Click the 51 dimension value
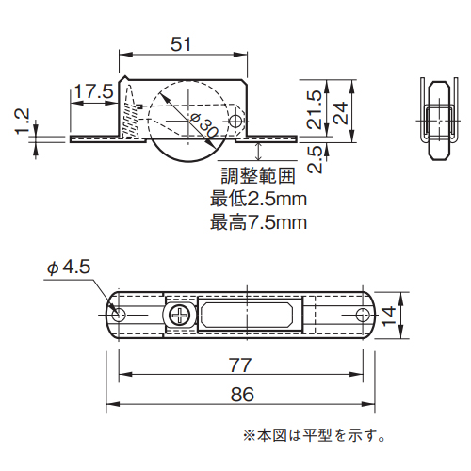(185, 42)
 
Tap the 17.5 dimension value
(93, 91)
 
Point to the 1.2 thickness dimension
(23, 122)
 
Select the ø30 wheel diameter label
(204, 122)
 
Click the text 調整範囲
(258, 175)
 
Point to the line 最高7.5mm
(258, 222)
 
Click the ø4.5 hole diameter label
(68, 268)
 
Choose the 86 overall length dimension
(242, 395)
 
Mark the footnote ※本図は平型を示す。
(315, 435)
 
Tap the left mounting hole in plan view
(120, 315)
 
